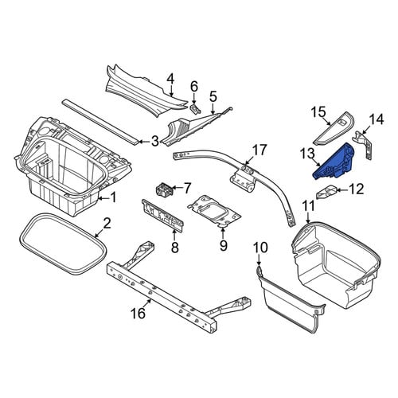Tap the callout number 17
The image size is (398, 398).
259,150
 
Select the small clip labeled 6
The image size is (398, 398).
195,108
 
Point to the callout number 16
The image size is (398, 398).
139,313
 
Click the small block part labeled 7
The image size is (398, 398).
163,190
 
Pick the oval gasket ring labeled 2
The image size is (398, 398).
63,242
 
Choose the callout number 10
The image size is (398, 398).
260,248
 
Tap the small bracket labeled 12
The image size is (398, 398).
326,192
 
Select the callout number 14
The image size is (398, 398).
377,119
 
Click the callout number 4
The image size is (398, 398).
170,79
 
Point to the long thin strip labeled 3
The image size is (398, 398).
100,122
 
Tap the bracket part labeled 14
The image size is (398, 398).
365,145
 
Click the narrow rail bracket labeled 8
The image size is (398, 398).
163,217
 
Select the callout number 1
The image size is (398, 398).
113,197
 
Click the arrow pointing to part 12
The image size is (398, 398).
342,190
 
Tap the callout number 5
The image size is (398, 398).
213,96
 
